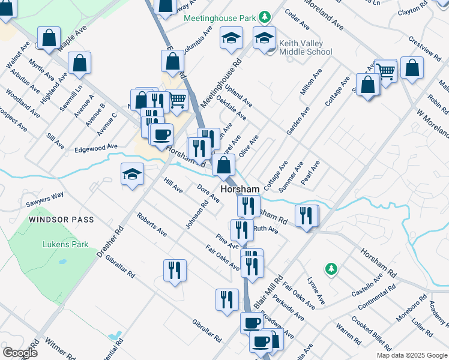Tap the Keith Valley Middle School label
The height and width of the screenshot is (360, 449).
[x=305, y=47]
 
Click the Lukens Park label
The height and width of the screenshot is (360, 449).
[x=65, y=244]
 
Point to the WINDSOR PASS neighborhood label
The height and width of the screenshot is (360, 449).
[x=62, y=220]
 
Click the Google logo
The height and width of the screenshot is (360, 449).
[x=20, y=352]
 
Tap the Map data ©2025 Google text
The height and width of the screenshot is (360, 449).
[x=412, y=355]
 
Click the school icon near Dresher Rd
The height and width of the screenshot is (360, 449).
[x=132, y=175]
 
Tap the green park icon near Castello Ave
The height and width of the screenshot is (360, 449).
[x=329, y=268]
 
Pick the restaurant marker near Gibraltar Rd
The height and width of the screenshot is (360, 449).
[x=174, y=271]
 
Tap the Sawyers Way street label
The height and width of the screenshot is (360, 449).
[x=44, y=199]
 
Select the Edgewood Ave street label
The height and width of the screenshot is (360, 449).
[x=97, y=148]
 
